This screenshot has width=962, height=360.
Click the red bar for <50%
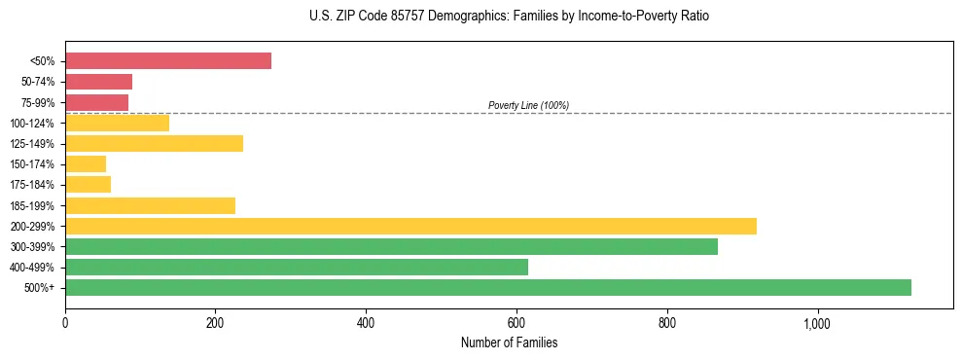point(167,61)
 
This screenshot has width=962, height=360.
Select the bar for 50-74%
point(98,82)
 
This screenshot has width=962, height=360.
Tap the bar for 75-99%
point(96,102)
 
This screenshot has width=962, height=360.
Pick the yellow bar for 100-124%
point(117,123)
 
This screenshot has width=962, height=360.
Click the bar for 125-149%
point(154,143)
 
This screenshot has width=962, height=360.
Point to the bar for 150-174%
point(86,164)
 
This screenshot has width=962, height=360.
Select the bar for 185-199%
point(150,205)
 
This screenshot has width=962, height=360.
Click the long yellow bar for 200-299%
point(410,226)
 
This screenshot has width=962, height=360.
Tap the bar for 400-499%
point(331,267)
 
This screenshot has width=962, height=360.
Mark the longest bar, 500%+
point(487,287)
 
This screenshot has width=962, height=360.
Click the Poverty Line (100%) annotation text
point(528,105)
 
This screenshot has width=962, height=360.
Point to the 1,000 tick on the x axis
point(817,323)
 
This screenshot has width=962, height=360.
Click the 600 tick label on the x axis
point(517,323)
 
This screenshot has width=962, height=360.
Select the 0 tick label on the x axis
point(65,323)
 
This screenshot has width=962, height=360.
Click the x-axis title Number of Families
point(509,342)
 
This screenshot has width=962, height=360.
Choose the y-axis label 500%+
point(40,288)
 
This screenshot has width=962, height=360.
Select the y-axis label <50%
point(44,61)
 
